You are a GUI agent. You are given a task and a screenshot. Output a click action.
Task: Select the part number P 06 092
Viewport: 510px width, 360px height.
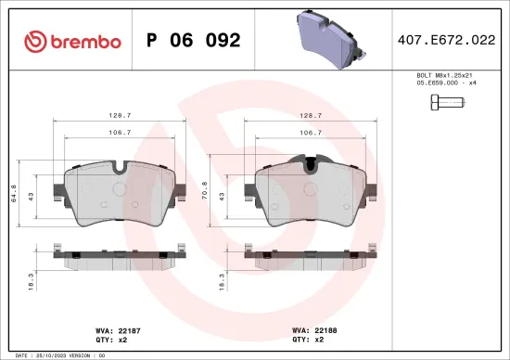[x=194, y=41]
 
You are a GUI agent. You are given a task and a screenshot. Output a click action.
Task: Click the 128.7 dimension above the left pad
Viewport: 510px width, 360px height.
[x=116, y=117]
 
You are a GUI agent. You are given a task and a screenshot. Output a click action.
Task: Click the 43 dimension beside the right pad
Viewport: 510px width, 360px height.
[x=223, y=196]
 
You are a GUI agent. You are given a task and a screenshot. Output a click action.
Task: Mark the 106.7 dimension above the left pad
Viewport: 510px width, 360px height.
[x=116, y=133]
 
